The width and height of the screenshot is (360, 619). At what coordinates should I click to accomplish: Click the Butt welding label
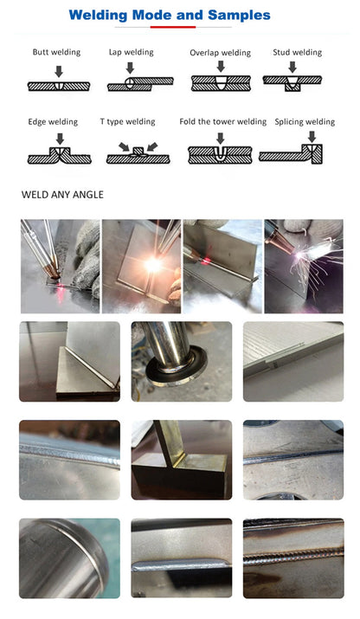point(56,52)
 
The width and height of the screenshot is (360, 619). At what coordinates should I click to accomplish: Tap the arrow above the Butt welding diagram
point(57,70)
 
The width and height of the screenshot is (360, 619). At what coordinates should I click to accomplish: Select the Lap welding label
point(131,52)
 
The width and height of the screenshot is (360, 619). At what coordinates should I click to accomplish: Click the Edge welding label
point(53,122)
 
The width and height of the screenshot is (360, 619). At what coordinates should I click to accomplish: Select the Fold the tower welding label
point(222,122)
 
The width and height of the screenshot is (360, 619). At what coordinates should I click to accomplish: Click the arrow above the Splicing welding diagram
point(311,136)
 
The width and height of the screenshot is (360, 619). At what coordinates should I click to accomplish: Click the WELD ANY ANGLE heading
point(62,195)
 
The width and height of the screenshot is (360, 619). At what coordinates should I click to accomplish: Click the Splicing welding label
point(305,122)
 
